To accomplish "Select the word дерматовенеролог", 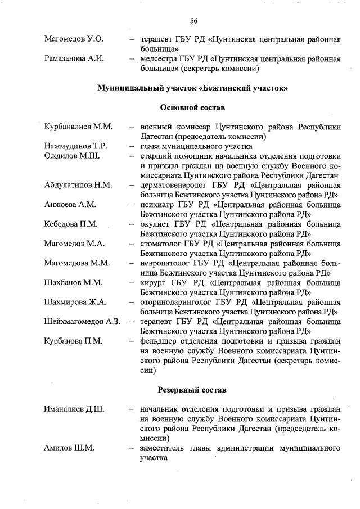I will [x=174, y=185].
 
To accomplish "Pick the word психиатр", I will [x=157, y=205].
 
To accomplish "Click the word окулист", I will [x=156, y=224].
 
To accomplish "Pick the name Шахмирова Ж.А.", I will [x=75, y=302].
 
